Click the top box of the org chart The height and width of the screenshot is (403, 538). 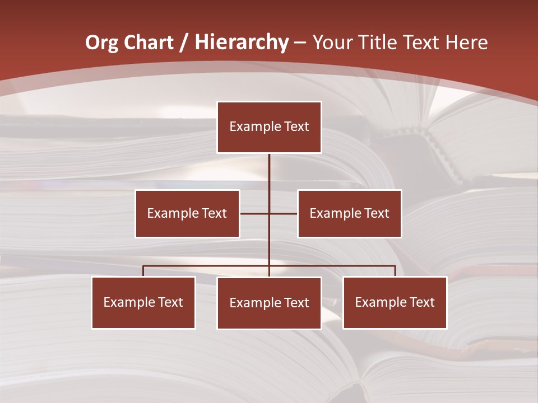tap(269, 127)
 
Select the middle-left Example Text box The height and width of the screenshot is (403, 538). tap(187, 213)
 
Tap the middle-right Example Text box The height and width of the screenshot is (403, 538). tap(349, 213)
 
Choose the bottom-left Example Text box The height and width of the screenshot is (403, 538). tap(143, 302)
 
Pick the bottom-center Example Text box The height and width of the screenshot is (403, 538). tap(269, 303)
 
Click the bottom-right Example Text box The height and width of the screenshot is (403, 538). tap(395, 302)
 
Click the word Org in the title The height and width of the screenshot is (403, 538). tap(102, 43)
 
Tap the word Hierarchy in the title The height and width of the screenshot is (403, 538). tap(242, 43)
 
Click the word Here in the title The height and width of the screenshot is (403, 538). tap(466, 43)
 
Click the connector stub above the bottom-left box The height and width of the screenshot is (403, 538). tap(143, 271)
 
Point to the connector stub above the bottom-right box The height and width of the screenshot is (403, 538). tap(395, 271)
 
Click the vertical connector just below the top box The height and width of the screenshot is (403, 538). tap(270, 168)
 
